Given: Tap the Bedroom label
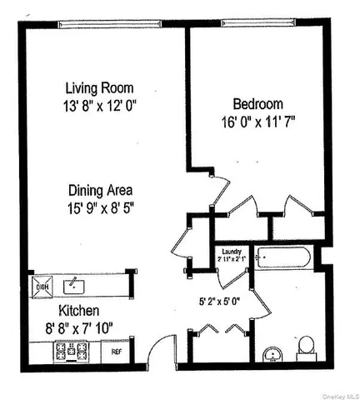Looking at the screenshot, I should tap(258, 104).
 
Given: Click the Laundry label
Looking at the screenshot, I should tap(231, 252).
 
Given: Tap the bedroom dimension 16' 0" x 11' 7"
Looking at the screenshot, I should tap(258, 122).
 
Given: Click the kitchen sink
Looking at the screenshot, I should tap(74, 286).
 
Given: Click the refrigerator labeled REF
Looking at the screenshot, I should tap(117, 352).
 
